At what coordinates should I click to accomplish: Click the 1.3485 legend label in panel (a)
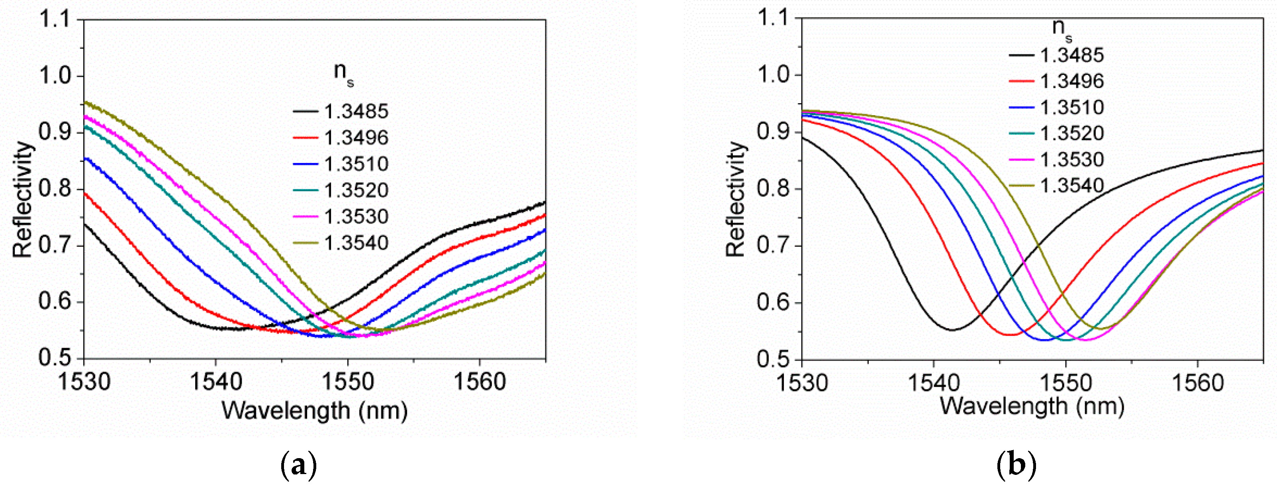point(356,112)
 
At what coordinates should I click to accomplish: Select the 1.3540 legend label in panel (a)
point(356,243)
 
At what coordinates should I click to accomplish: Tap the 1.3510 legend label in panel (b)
point(1072,108)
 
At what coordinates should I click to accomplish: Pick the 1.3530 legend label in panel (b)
point(1072,160)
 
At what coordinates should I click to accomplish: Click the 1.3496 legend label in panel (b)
point(1072,81)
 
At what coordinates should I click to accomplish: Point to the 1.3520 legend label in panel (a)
point(356,190)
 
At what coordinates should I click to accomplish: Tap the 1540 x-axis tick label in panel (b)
point(934,383)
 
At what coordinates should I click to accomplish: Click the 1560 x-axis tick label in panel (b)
point(1197,383)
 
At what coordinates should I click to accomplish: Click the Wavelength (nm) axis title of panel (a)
point(314,411)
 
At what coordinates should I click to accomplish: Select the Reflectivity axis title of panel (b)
point(736,199)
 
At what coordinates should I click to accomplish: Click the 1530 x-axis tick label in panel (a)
point(84,382)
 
